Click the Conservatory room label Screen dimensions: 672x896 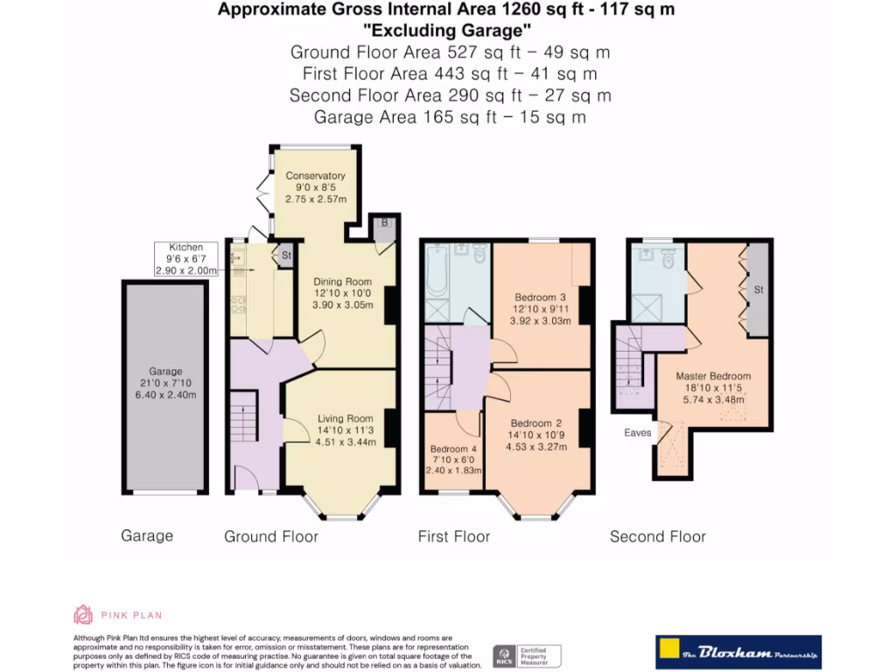pos(315,176)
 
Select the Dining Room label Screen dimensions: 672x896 pos(343,282)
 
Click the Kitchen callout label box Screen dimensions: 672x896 pos(185,260)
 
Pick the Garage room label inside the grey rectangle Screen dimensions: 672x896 pos(164,371)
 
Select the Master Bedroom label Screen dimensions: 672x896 pos(713,376)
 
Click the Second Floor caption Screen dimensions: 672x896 pos(657,536)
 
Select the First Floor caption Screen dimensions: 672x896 pos(453,536)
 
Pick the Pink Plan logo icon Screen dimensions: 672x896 pos(83,614)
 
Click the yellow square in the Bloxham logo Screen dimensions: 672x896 pos(669,652)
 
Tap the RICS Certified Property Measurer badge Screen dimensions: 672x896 pos(527,655)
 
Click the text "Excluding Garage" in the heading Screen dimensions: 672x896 pos(446,31)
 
